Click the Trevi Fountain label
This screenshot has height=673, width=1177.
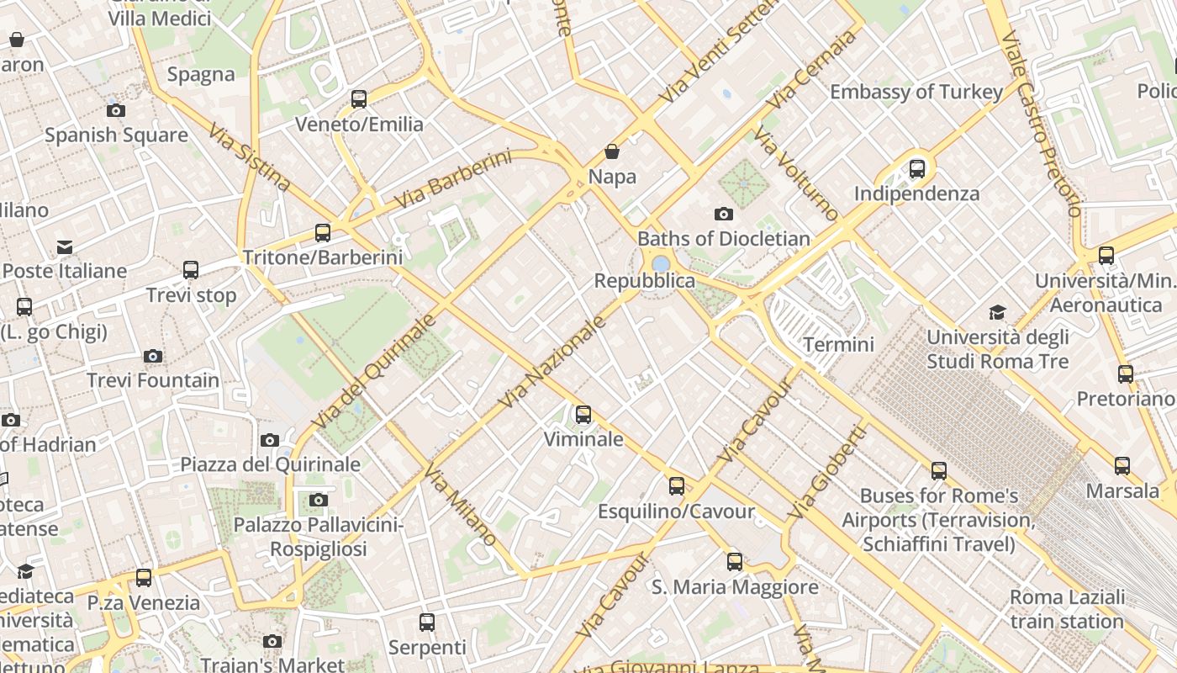(x=153, y=380)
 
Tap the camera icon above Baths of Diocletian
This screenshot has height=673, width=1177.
(x=723, y=215)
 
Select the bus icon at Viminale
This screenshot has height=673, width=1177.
(x=583, y=415)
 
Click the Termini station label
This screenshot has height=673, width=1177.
(x=838, y=344)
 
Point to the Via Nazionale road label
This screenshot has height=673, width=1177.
(x=552, y=363)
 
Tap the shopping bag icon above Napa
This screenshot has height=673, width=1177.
(x=612, y=152)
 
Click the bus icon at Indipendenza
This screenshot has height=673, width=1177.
(x=916, y=169)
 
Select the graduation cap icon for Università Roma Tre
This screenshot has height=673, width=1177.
(x=996, y=313)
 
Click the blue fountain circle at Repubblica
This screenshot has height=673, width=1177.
(x=661, y=264)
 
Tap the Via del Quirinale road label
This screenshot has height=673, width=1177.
(x=374, y=370)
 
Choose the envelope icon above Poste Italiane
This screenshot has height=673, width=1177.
(x=65, y=246)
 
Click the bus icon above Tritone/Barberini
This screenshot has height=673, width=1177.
(x=322, y=233)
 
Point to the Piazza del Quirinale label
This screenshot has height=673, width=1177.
(x=270, y=464)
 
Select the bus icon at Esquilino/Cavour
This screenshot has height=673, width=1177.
(x=676, y=486)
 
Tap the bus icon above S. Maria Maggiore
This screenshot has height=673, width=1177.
(x=734, y=562)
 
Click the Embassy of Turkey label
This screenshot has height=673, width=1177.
(x=916, y=92)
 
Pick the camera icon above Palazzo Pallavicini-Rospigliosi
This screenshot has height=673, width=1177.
(x=318, y=501)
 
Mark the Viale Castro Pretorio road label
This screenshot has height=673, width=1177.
(x=1041, y=124)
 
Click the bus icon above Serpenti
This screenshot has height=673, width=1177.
(x=427, y=623)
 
